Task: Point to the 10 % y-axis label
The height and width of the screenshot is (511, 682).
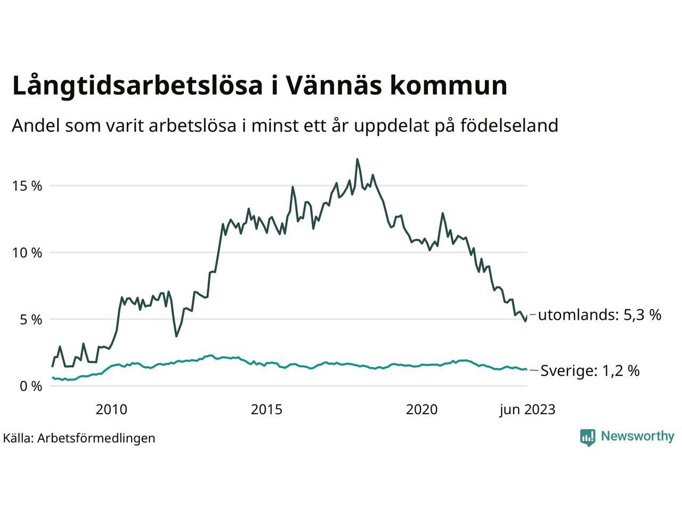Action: pyautogui.click(x=27, y=253)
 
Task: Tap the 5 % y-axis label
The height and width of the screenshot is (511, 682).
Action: pyautogui.click(x=31, y=319)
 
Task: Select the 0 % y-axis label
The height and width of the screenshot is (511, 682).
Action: pyautogui.click(x=31, y=386)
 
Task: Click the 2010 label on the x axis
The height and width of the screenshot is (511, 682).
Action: pyautogui.click(x=111, y=409)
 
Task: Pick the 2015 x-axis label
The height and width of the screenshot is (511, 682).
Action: pyautogui.click(x=266, y=409)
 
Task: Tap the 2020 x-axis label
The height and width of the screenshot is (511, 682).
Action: pyautogui.click(x=421, y=409)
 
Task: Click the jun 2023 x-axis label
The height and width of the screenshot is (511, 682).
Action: pyautogui.click(x=527, y=409)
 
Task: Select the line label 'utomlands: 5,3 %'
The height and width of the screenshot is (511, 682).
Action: pyautogui.click(x=599, y=315)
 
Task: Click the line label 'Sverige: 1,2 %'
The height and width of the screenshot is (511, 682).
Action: pyautogui.click(x=590, y=370)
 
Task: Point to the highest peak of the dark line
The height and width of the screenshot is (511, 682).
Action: pyautogui.click(x=357, y=159)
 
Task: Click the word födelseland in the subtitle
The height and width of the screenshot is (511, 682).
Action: pyautogui.click(x=509, y=126)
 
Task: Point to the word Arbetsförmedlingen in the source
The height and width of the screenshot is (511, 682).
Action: pyautogui.click(x=96, y=438)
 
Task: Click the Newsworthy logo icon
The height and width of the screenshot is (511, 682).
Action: pyautogui.click(x=588, y=437)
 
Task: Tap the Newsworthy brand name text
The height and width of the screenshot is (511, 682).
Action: pyautogui.click(x=637, y=436)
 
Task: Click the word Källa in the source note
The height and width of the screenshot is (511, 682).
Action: pyautogui.click(x=18, y=438)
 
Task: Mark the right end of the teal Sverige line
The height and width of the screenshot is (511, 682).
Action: pyautogui.click(x=526, y=369)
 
